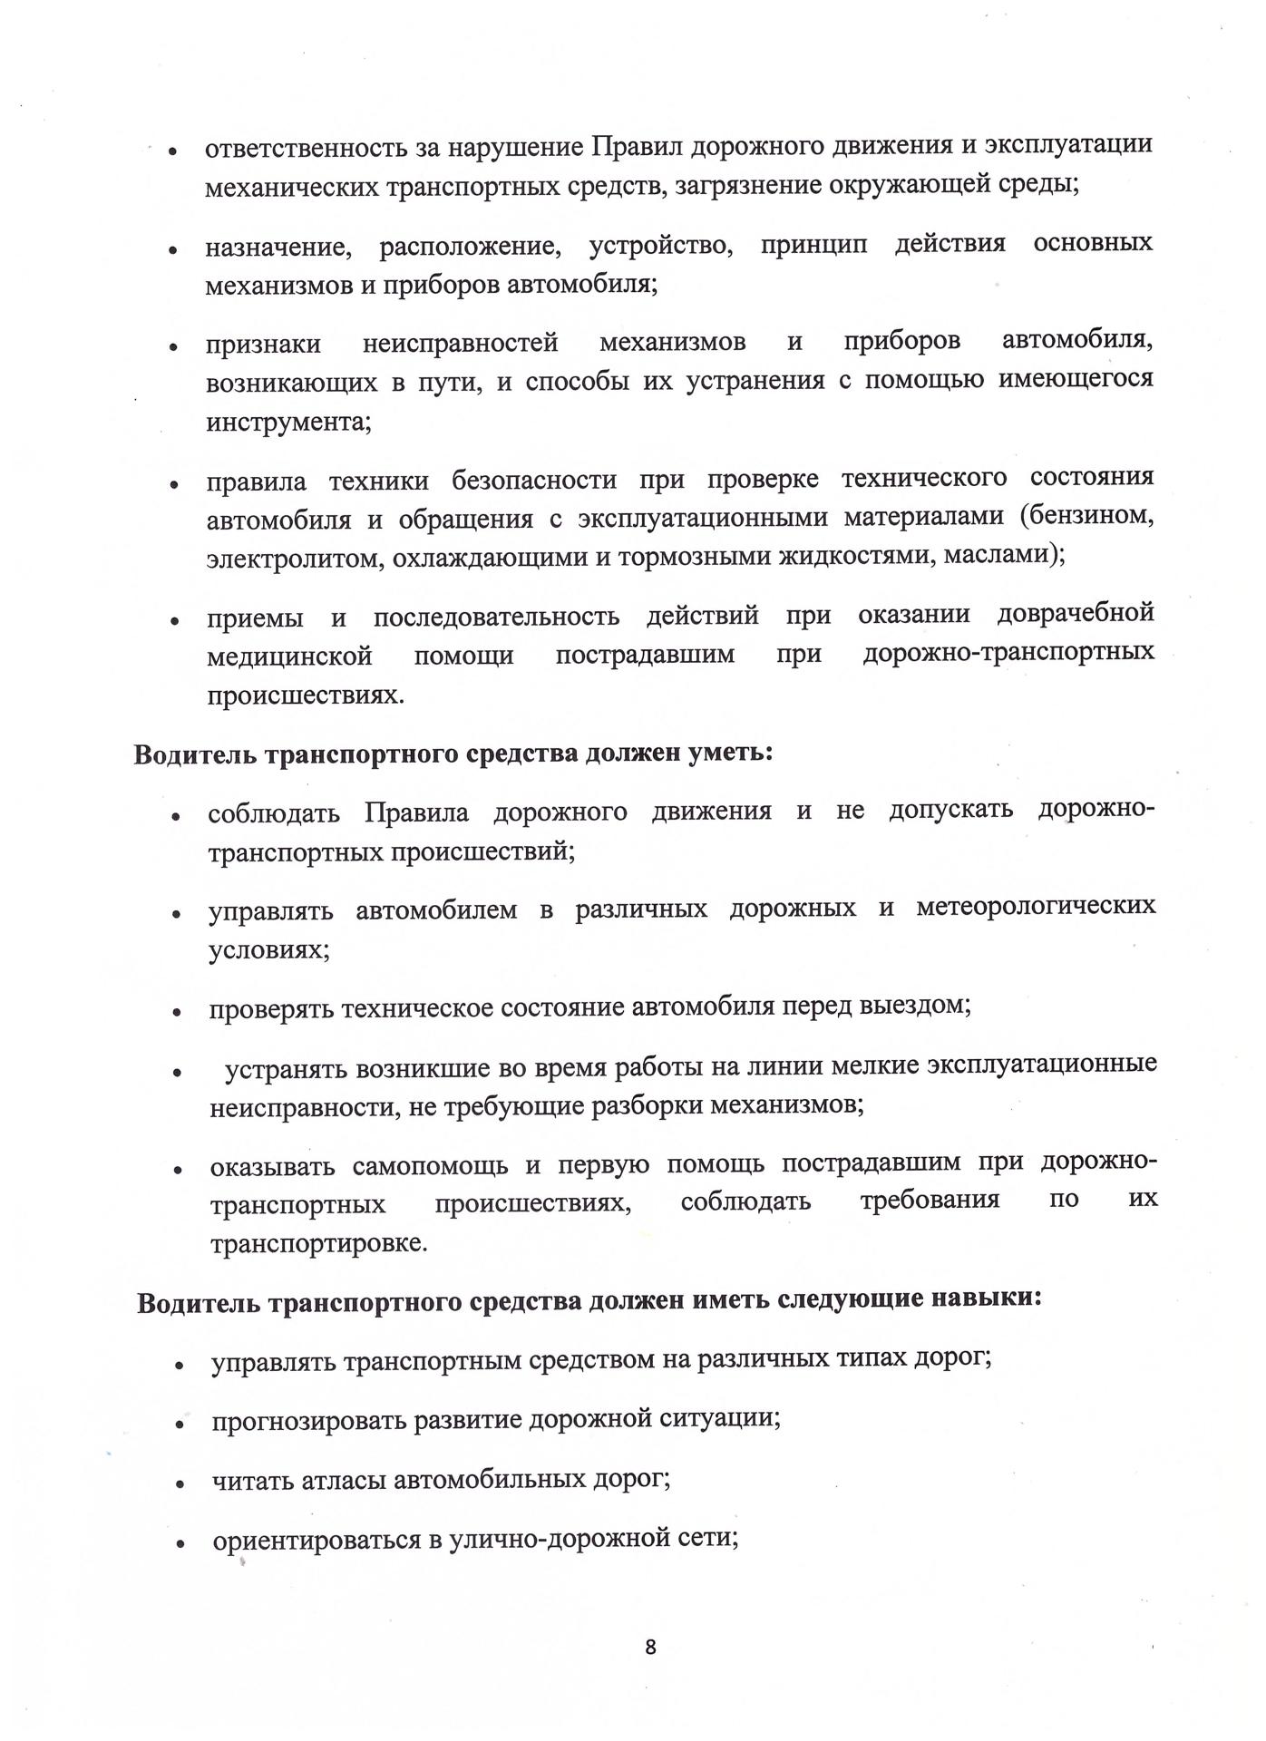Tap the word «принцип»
click(x=813, y=245)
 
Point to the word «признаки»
click(x=263, y=345)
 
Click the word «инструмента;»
click(x=288, y=423)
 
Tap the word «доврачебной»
click(x=1076, y=613)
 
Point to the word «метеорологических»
click(x=1036, y=907)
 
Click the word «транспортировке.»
click(x=318, y=1243)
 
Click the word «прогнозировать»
click(x=306, y=1420)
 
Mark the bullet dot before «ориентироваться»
click(x=181, y=1542)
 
